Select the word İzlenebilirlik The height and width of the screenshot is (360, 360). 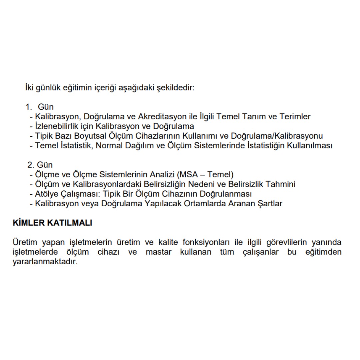[52, 126]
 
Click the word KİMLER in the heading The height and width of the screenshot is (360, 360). [28, 223]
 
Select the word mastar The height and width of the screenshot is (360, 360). [158, 252]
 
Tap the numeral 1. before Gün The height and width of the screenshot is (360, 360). [29, 107]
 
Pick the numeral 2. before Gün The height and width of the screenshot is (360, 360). [31, 165]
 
